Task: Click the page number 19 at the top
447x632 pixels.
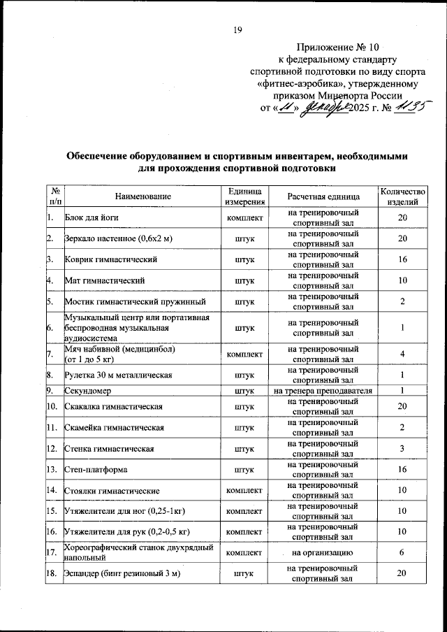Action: click(x=237, y=29)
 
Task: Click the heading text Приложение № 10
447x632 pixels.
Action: click(x=341, y=48)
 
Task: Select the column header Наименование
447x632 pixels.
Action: click(x=143, y=196)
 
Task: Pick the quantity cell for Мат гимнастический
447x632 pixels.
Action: click(x=402, y=280)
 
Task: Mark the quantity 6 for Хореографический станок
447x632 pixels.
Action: click(x=402, y=552)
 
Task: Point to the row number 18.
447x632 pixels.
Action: click(x=53, y=574)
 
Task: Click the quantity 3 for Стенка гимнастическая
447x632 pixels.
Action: click(x=402, y=448)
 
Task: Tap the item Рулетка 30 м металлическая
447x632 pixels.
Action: click(x=118, y=375)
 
